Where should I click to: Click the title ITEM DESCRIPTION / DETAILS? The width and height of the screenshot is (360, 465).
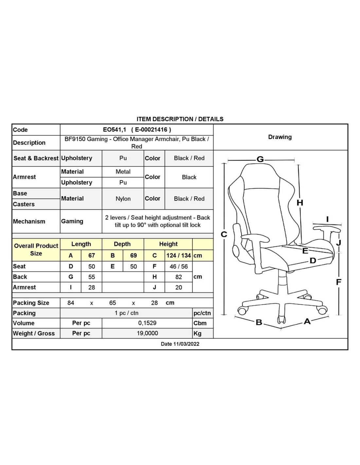(180, 119)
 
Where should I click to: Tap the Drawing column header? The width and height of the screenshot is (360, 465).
(280, 137)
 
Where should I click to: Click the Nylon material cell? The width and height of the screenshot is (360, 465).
(123, 199)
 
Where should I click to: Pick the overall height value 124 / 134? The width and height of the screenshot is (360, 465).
(178, 255)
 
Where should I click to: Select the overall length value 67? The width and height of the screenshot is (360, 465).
(92, 255)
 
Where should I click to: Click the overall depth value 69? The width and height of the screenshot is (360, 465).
(134, 255)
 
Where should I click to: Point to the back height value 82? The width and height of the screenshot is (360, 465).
(178, 277)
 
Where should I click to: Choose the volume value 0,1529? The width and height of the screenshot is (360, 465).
(147, 323)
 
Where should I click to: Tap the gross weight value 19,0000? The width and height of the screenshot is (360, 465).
(147, 333)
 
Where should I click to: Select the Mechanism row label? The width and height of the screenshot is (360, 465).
(29, 221)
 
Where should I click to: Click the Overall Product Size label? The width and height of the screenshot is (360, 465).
(36, 250)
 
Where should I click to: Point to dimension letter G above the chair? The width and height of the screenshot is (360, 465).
(260, 159)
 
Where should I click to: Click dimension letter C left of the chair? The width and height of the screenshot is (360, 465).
(224, 234)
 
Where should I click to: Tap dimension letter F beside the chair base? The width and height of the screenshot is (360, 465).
(339, 282)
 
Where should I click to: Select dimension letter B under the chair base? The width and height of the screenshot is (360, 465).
(259, 322)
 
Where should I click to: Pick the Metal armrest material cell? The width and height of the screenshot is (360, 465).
(123, 172)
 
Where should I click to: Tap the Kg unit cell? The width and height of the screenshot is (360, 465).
(198, 334)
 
